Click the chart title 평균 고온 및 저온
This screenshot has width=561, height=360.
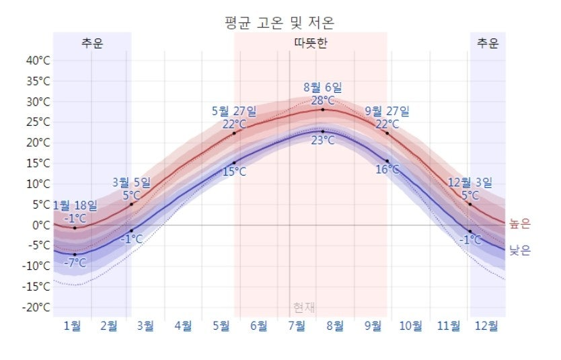[x=279, y=22]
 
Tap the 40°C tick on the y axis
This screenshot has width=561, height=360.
[x=38, y=61]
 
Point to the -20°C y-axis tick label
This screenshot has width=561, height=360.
[x=37, y=308]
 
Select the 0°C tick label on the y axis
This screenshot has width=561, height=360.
[x=41, y=225]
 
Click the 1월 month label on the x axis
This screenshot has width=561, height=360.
[x=72, y=326]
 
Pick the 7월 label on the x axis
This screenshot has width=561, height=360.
[x=297, y=326]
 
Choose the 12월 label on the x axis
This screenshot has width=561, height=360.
[x=486, y=326]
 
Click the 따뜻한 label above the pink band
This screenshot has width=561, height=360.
[x=311, y=44]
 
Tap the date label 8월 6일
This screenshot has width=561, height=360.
[x=323, y=87]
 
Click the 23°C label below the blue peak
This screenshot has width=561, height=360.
[x=323, y=140]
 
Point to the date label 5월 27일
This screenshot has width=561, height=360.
[x=233, y=111]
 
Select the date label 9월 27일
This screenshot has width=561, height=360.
[x=387, y=111]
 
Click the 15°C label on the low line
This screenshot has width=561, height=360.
[x=233, y=172]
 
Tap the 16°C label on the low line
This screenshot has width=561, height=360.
[x=387, y=170]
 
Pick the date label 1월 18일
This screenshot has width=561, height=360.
[x=75, y=205]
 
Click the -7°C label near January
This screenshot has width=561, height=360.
[x=75, y=262]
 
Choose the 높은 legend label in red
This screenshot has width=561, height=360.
[x=519, y=224]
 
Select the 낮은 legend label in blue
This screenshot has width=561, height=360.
[x=519, y=250]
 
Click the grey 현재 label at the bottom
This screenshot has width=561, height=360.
[x=304, y=308]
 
